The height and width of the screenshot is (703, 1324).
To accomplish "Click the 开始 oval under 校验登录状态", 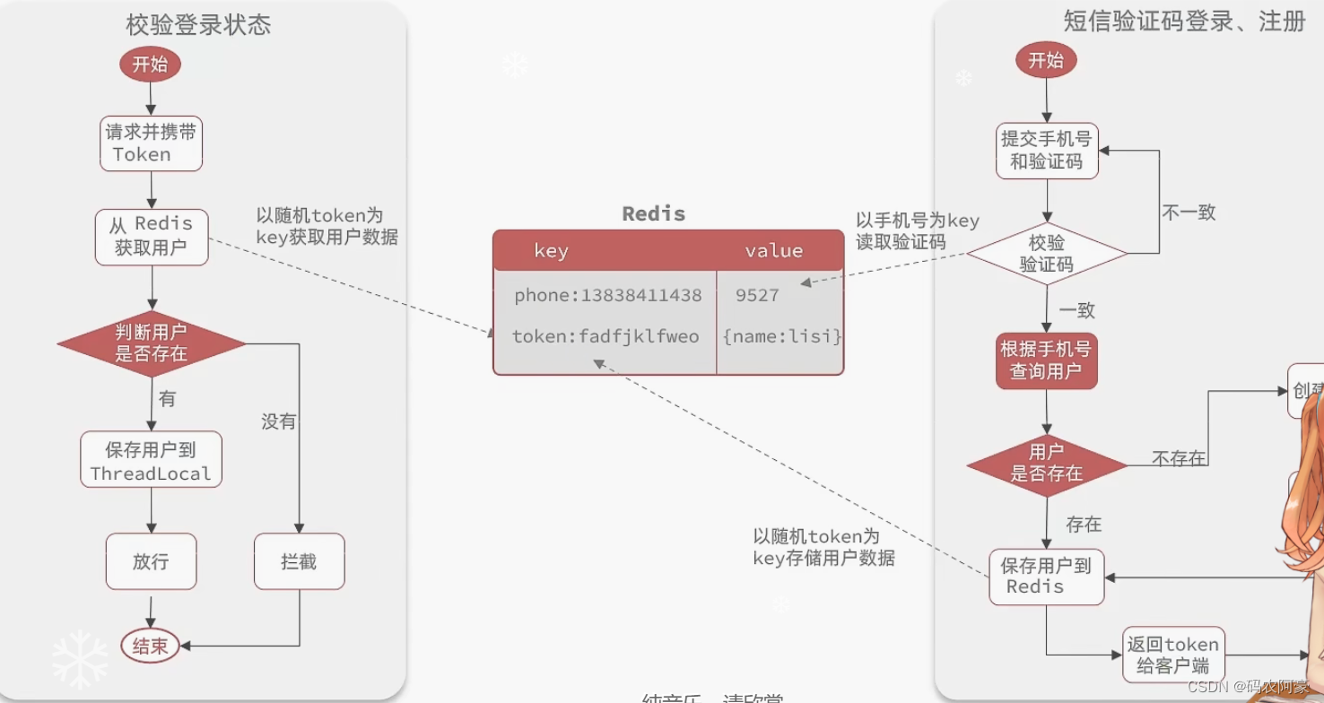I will pyautogui.click(x=150, y=65).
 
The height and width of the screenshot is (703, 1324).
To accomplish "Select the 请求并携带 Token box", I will pyautogui.click(x=151, y=143).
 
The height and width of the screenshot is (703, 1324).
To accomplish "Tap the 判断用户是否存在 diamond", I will pyautogui.click(x=152, y=343).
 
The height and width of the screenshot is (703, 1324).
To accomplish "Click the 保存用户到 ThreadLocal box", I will pyautogui.click(x=151, y=461).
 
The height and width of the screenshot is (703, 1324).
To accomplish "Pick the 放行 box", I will pyautogui.click(x=151, y=562).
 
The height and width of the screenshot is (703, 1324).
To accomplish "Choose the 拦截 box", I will pyautogui.click(x=299, y=562).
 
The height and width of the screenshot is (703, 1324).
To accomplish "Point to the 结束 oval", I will pyautogui.click(x=150, y=646).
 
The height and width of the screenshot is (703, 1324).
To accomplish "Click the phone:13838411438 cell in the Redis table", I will pyautogui.click(x=607, y=295).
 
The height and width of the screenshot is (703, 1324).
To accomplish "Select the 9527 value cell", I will pyautogui.click(x=757, y=295).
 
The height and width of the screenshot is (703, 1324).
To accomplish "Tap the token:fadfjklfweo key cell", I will pyautogui.click(x=605, y=337).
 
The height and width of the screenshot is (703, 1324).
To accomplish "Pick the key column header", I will pyautogui.click(x=551, y=251).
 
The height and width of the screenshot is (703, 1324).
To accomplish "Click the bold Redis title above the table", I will pyautogui.click(x=654, y=213).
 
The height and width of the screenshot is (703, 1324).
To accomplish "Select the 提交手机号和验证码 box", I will pyautogui.click(x=1047, y=151).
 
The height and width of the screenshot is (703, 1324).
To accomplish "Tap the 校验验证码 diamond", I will pyautogui.click(x=1047, y=254).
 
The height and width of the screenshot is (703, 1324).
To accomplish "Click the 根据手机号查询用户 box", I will pyautogui.click(x=1047, y=360).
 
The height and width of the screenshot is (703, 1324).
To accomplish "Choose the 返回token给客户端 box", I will pyautogui.click(x=1173, y=655).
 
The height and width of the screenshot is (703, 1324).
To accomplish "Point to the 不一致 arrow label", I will pyautogui.click(x=1189, y=213).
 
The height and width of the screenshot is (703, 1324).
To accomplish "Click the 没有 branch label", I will pyautogui.click(x=278, y=421).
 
